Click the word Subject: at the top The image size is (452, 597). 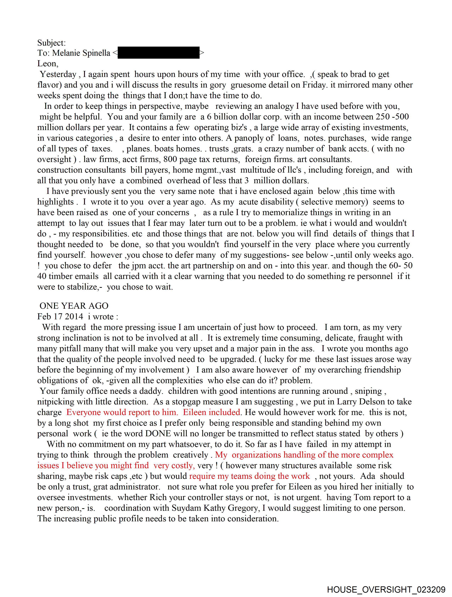[x=51, y=43]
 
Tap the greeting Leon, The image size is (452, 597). [x=48, y=64]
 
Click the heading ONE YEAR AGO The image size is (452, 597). [x=74, y=306]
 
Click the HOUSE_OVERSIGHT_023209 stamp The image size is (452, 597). [x=386, y=589]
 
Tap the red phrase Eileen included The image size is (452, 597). [x=211, y=412]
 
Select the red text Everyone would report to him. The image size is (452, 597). [x=122, y=412]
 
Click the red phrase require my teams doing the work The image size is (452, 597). [x=250, y=476]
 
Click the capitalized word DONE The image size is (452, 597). [x=158, y=433]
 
